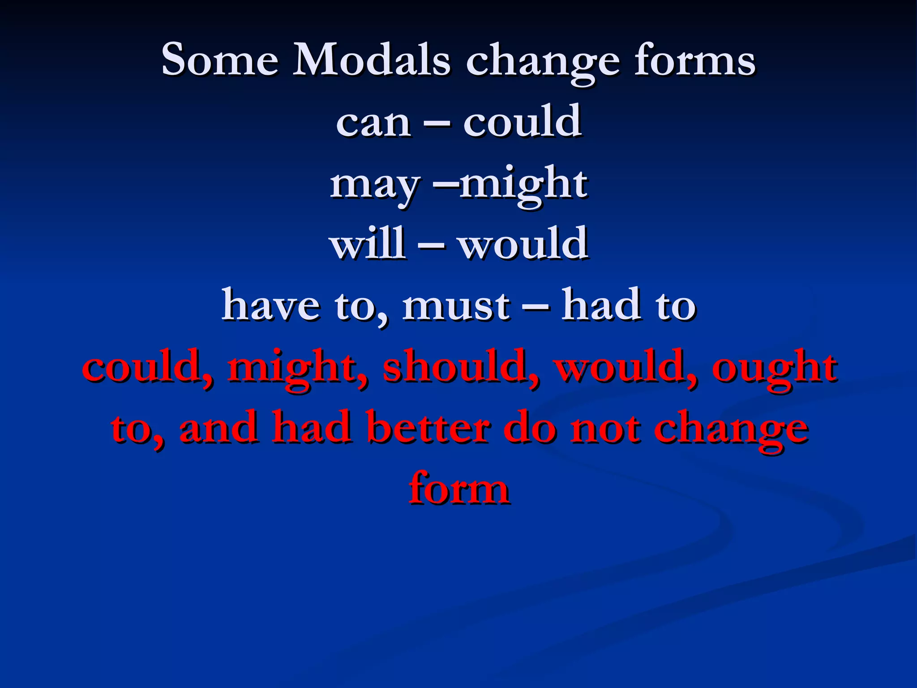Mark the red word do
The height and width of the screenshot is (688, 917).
click(x=530, y=428)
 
